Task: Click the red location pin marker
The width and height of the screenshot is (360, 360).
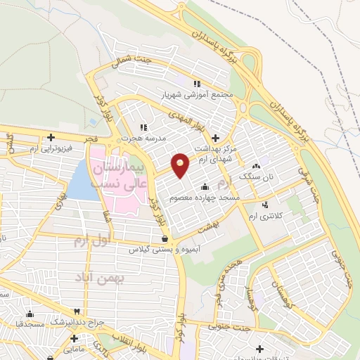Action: pos(180,165)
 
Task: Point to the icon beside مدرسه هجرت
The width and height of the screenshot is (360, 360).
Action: pos(143,127)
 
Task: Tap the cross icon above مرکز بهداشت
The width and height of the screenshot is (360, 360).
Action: pos(215,138)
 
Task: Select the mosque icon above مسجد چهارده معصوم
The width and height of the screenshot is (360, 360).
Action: pos(205,187)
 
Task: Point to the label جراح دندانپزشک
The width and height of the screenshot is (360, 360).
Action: pos(77,321)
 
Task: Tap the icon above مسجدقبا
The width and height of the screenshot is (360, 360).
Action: pos(30,314)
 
